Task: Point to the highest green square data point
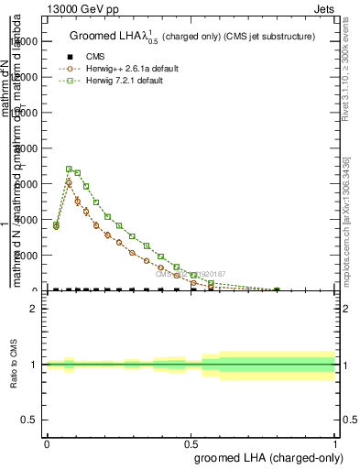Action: point(69,169)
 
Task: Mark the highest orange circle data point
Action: point(69,183)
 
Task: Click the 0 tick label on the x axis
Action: point(46,443)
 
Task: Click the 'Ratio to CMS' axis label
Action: point(12,365)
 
